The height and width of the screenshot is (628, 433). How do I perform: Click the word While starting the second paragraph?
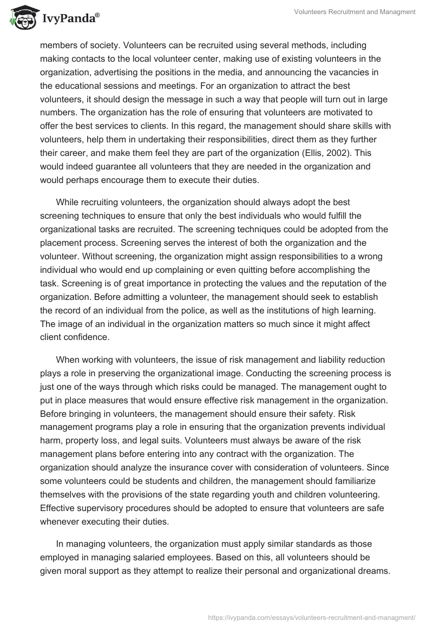pos(68,202)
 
